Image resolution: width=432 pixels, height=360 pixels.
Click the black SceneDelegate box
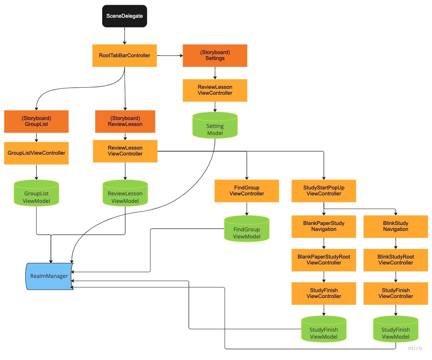pos(125,16)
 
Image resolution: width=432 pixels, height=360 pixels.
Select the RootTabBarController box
pos(125,56)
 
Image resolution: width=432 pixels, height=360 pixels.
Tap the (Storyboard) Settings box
pos(215,55)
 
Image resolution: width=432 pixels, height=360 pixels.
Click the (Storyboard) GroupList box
pos(36,121)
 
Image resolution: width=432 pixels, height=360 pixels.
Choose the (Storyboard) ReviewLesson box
pos(125,121)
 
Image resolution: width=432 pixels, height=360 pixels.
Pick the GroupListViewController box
pos(36,153)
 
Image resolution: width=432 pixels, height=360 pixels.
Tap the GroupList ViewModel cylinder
pos(36,194)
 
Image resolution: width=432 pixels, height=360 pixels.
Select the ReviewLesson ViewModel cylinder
pos(125,194)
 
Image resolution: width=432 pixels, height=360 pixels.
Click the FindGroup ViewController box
pos(247,191)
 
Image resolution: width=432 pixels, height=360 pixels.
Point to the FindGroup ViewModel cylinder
pos(247,229)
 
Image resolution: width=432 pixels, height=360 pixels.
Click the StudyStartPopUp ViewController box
pos(324,191)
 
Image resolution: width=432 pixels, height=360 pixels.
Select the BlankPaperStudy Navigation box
pos(324,226)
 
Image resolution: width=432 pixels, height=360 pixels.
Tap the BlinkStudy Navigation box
pos(396,226)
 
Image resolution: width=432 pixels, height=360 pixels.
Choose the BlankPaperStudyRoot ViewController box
pos(324,260)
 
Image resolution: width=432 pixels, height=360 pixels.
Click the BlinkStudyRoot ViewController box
pos(396,260)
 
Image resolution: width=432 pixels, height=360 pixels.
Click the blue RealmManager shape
pos(49,276)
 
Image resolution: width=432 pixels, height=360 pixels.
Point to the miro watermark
pos(415,348)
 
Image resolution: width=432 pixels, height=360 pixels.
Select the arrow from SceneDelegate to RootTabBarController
pos(125,36)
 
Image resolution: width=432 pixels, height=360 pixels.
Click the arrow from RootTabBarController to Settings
pos(170,56)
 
